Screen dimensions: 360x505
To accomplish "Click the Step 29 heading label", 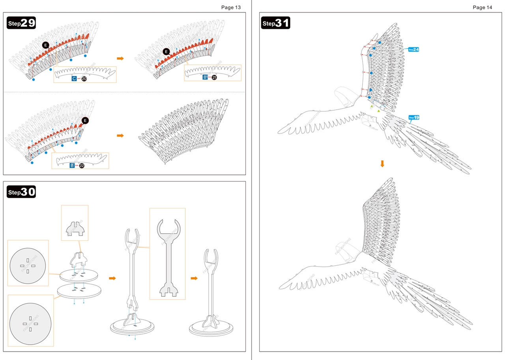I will point(21,23).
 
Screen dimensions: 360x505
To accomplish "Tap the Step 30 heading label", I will point(21,192).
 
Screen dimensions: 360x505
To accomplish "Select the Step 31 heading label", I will point(276,23).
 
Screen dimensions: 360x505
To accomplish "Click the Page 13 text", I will point(231,7).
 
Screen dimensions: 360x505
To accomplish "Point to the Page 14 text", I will point(482,7).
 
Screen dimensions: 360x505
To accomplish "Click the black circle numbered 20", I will point(84,79).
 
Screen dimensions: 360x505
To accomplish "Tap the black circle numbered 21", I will point(214,77).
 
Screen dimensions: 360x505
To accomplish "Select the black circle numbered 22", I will point(82,165).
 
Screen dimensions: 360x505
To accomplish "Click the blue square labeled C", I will point(74,79).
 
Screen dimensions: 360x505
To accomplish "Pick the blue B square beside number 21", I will point(205,77).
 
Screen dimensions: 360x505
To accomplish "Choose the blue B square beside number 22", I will point(72,165).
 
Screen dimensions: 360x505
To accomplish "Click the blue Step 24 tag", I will point(413,49).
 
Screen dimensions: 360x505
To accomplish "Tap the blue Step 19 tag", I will point(414,117).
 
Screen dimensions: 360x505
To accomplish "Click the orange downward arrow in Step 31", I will point(382,163).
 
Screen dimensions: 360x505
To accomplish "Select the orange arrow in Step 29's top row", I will point(120,58).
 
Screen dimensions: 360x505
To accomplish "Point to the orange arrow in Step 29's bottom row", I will point(120,135).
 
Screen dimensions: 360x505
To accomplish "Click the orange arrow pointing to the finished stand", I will point(194,278).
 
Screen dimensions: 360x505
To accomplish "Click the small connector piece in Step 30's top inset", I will point(75,228).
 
